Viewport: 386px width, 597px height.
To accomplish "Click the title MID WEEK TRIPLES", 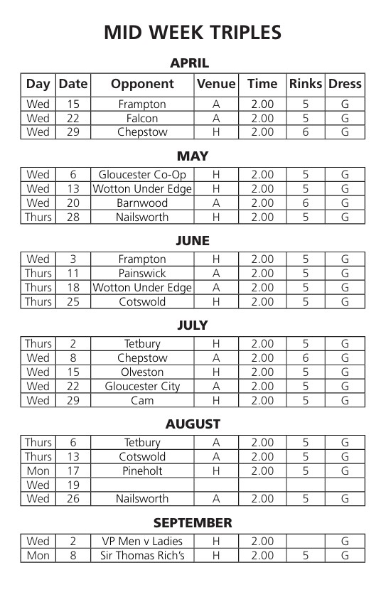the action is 193,33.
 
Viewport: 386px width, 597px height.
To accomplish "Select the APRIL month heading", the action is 190,63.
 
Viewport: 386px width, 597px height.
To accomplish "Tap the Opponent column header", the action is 142,84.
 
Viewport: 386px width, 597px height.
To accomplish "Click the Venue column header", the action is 216,84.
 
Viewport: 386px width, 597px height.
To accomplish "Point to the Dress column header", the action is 345,84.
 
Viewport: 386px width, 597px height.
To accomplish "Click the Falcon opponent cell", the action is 142,118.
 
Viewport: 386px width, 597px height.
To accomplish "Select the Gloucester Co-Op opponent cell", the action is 142,175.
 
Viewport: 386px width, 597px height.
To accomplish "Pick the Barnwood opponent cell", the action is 142,203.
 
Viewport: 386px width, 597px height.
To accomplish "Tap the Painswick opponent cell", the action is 142,273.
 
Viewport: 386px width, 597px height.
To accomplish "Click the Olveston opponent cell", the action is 142,372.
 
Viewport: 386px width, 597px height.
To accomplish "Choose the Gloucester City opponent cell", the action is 142,386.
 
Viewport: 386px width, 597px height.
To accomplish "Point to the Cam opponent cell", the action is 142,400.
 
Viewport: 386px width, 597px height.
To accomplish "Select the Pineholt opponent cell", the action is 142,470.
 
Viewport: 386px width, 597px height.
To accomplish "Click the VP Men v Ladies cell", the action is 142,542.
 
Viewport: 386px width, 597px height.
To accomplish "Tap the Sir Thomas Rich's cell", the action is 142,556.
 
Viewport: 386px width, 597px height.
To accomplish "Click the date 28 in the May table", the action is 73,217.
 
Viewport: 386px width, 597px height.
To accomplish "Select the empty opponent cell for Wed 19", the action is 142,485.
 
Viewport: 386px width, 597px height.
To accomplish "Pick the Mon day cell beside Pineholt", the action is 38,470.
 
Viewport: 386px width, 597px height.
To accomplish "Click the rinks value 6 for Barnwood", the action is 306,203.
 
